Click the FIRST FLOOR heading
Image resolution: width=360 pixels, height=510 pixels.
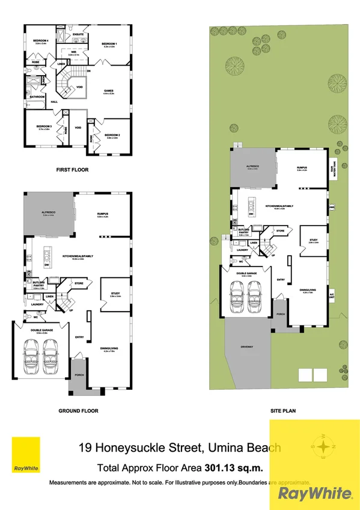coord(72,170)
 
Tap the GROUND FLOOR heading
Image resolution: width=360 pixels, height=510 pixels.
coord(78,411)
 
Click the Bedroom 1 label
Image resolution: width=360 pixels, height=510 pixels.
coord(109,44)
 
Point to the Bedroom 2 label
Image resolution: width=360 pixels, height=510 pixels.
coord(112,135)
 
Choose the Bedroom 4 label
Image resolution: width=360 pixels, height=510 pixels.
coord(41,40)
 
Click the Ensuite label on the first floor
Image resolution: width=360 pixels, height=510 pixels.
coord(78,34)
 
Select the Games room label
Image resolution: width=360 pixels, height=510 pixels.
coord(108,91)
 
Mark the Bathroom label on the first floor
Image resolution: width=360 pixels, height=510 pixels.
coord(38,96)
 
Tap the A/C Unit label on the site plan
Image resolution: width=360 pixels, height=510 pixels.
coord(331,295)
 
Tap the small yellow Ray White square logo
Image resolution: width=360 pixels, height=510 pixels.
coord(23,456)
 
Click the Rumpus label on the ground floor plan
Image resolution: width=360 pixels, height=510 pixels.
coord(106,214)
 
